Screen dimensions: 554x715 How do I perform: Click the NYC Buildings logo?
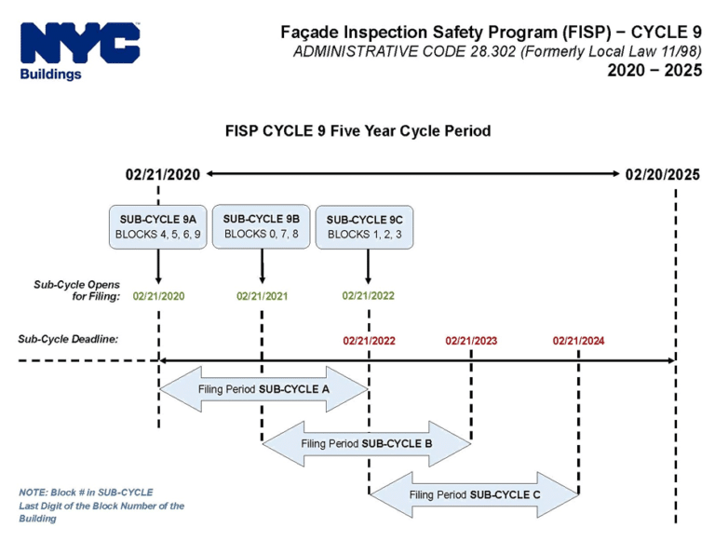click(79, 50)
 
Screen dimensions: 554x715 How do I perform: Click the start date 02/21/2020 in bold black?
click(163, 174)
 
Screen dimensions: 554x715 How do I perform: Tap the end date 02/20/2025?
click(662, 174)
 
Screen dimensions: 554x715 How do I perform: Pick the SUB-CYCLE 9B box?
click(262, 226)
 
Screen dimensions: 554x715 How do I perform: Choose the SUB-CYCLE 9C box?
click(364, 227)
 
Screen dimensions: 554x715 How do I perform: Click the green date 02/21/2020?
click(158, 296)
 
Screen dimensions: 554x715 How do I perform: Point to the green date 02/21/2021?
click(263, 296)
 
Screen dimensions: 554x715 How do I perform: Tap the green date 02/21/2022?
click(368, 296)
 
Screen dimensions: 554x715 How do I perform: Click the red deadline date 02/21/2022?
click(369, 341)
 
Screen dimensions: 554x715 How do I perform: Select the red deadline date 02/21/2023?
click(471, 341)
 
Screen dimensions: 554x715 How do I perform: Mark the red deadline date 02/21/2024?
click(578, 341)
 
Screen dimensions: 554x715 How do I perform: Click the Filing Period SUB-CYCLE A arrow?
click(264, 388)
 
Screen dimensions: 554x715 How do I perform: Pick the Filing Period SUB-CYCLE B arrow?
click(367, 443)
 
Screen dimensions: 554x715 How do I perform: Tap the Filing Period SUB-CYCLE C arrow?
click(475, 494)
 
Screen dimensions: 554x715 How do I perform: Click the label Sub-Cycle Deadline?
click(68, 339)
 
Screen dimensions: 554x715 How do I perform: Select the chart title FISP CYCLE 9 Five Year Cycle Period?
click(357, 131)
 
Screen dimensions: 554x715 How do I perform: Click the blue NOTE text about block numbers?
click(101, 505)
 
